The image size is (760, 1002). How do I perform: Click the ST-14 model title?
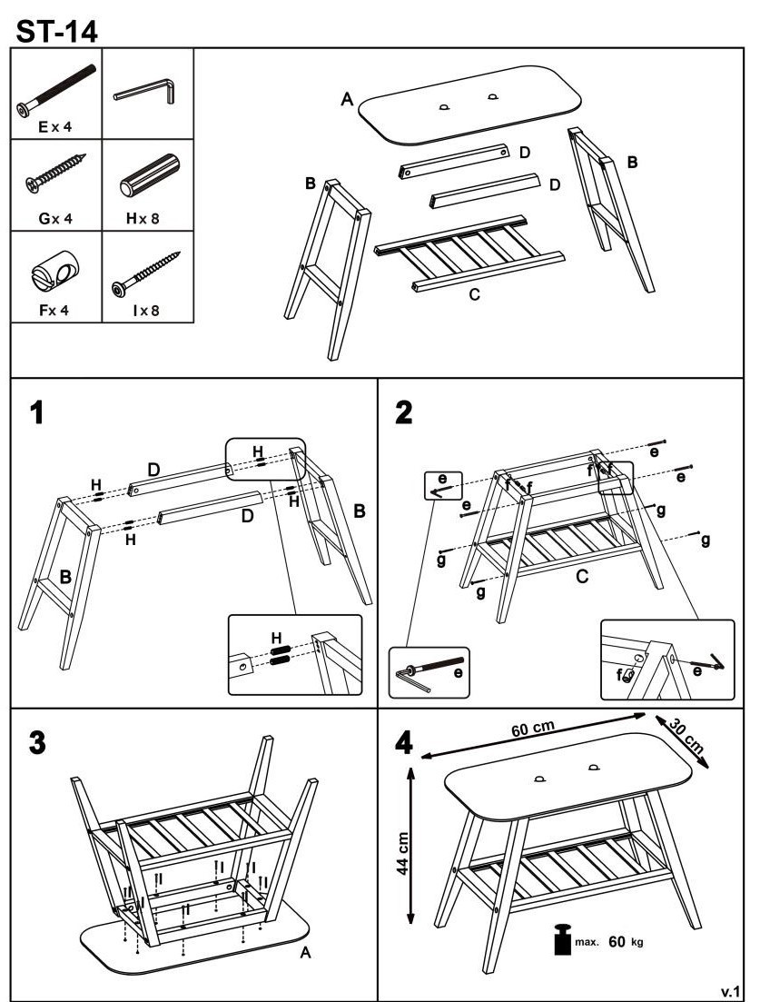[x=57, y=29]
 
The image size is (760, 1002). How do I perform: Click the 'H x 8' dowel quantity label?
[x=148, y=217]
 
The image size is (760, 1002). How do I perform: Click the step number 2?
[x=403, y=413]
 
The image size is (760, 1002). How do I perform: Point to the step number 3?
[x=36, y=741]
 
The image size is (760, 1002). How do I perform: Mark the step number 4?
[x=404, y=742]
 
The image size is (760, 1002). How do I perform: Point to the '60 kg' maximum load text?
[x=623, y=942]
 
